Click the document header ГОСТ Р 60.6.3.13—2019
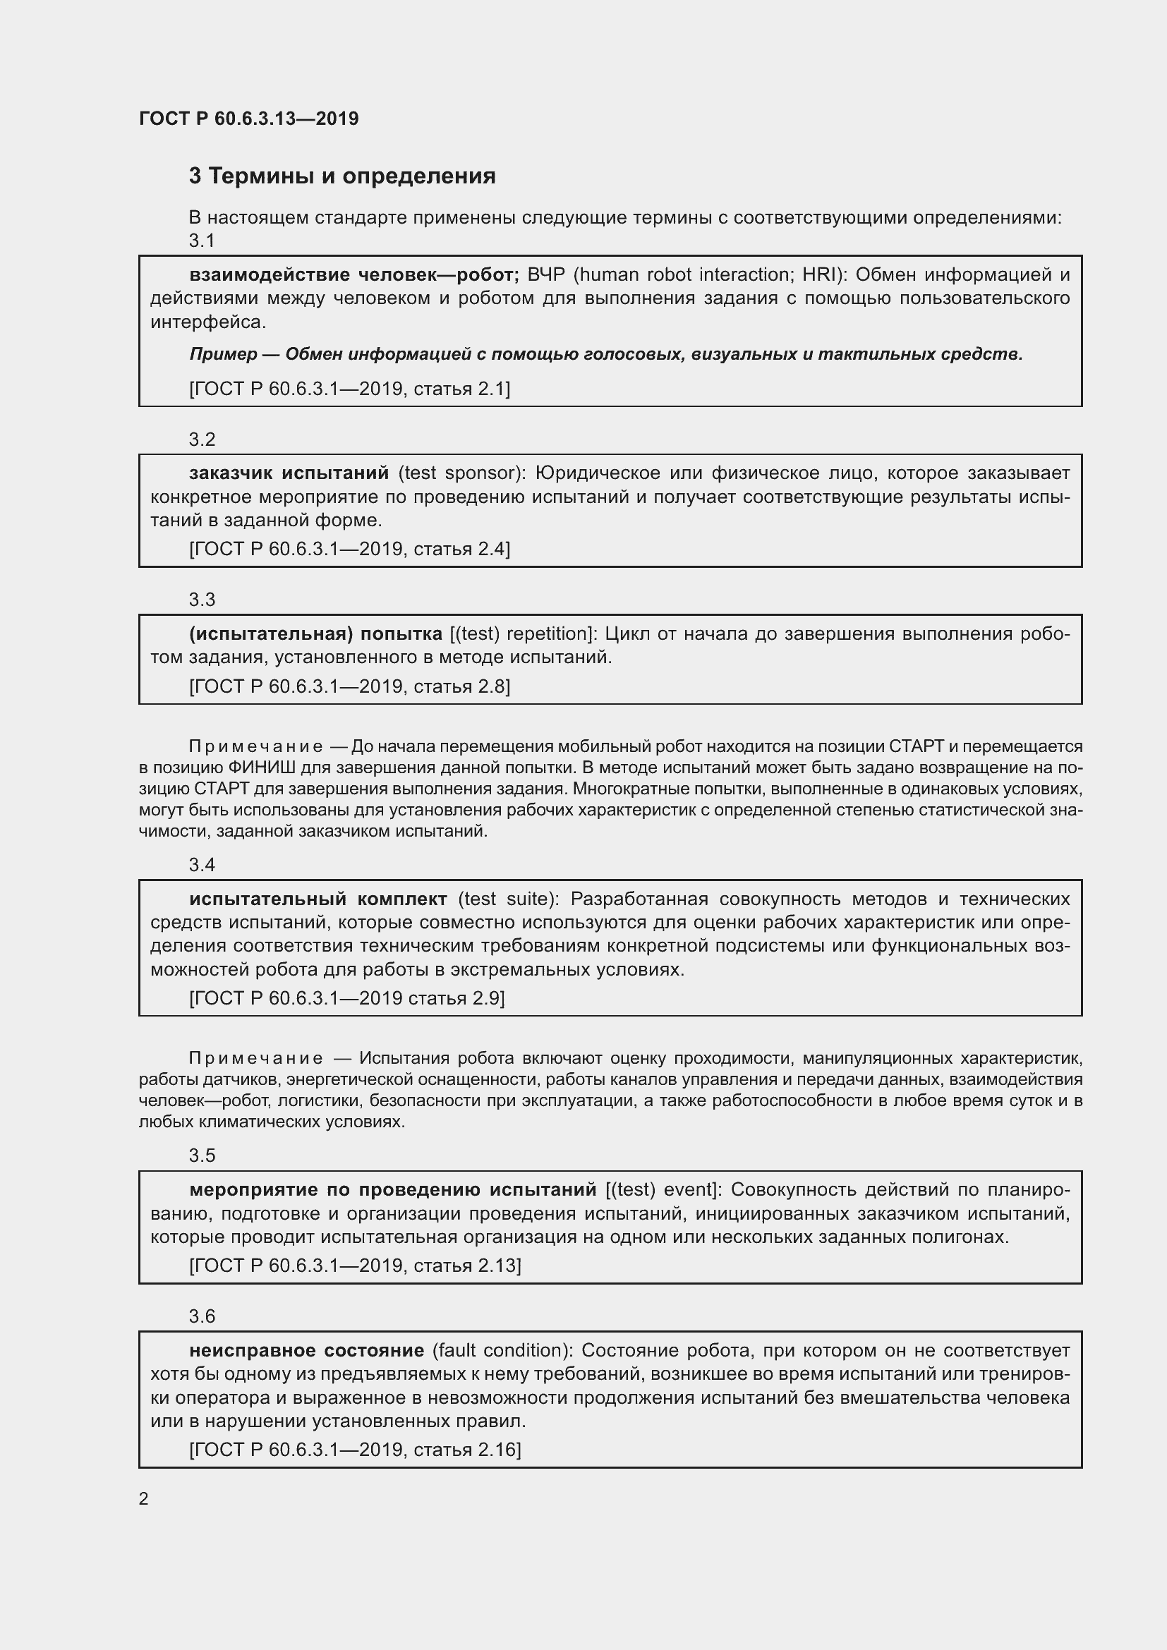pyautogui.click(x=248, y=119)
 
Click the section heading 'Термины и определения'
pyautogui.click(x=352, y=176)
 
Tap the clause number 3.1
pyautogui.click(x=202, y=241)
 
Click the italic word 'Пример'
pyautogui.click(x=224, y=354)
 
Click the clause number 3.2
pyautogui.click(x=202, y=439)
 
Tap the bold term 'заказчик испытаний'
pyautogui.click(x=289, y=473)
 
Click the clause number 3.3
pyautogui.click(x=202, y=600)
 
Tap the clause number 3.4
pyautogui.click(x=202, y=865)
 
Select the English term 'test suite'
pyautogui.click(x=508, y=899)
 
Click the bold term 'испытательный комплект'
pyautogui.click(x=318, y=899)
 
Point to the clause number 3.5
pyautogui.click(x=202, y=1155)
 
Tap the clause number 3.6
pyautogui.click(x=202, y=1316)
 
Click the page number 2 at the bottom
pyautogui.click(x=144, y=1498)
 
